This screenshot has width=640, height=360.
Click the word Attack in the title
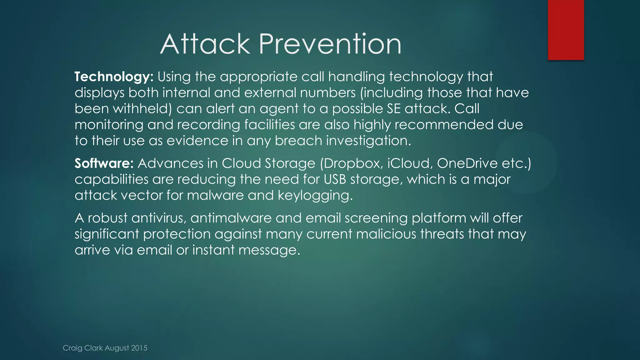[x=205, y=44]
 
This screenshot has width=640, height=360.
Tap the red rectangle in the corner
[x=566, y=30]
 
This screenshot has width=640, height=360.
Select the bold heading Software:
[x=104, y=163]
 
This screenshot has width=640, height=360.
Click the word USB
[x=335, y=179]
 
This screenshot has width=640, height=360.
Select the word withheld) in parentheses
[x=142, y=109]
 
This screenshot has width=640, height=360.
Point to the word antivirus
[x=159, y=218]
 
